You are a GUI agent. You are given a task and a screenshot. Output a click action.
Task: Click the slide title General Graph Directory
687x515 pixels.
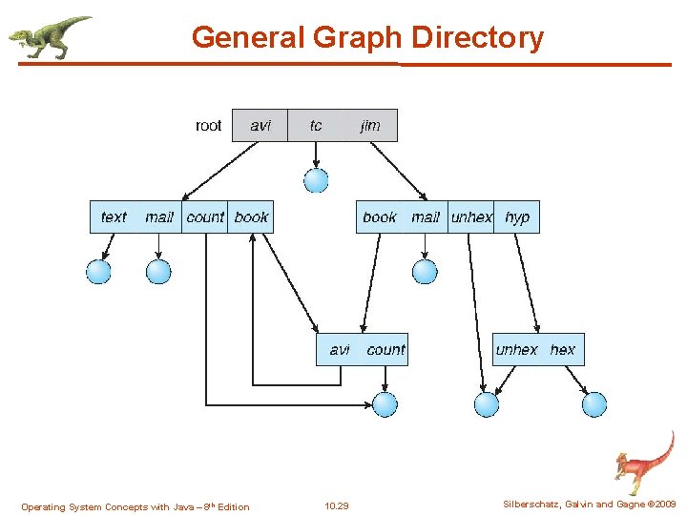click(x=367, y=38)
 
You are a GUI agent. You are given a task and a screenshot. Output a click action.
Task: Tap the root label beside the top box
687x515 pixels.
click(x=208, y=126)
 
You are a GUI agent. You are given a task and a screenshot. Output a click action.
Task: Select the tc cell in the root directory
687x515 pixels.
click(x=316, y=126)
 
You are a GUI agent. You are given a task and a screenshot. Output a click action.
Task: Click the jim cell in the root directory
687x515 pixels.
click(x=370, y=126)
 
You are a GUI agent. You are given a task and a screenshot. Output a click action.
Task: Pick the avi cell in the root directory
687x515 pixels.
click(x=260, y=126)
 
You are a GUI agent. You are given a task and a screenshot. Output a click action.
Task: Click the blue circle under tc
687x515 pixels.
click(x=316, y=180)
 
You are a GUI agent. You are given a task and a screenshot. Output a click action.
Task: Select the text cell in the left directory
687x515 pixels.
click(x=114, y=217)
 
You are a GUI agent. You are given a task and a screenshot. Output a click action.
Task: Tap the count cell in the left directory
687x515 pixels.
click(x=205, y=217)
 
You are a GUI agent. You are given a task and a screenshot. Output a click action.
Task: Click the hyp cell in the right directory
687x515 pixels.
click(x=517, y=217)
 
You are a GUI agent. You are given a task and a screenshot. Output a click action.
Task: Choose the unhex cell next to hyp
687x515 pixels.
click(x=471, y=217)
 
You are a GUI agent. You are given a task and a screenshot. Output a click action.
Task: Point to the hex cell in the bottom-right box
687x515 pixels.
click(x=563, y=350)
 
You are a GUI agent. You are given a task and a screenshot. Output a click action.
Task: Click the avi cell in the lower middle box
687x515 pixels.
click(x=340, y=350)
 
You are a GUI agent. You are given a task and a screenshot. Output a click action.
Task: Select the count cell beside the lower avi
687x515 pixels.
click(x=385, y=350)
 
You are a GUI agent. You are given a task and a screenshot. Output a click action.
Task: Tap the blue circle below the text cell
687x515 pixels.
click(x=99, y=272)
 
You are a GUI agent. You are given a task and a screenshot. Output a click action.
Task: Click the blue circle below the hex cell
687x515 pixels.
click(x=594, y=404)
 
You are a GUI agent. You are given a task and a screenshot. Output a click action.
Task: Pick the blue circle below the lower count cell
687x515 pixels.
click(x=385, y=404)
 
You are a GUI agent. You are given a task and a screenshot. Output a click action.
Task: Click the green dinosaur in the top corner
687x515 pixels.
click(x=49, y=36)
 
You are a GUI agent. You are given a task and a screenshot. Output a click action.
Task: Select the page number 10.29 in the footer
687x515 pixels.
click(x=336, y=506)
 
